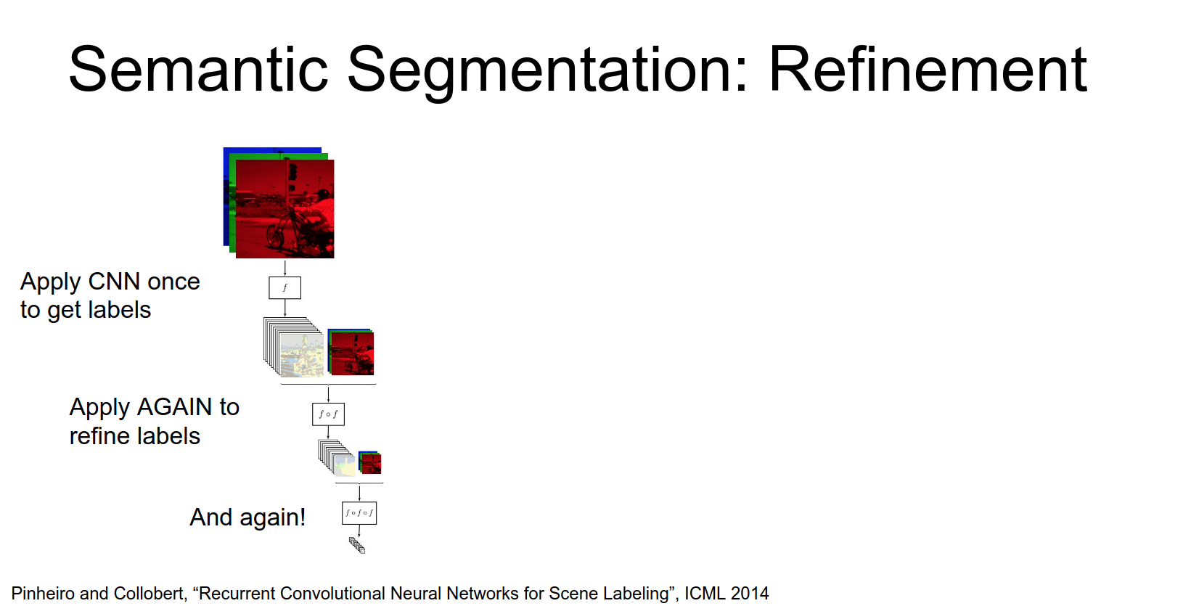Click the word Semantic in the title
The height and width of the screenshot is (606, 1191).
tap(198, 70)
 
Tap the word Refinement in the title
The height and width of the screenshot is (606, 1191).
tap(927, 70)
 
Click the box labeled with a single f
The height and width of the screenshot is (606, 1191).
tap(285, 287)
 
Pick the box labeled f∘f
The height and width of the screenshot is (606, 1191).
tap(328, 414)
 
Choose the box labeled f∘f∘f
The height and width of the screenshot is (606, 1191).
tap(359, 513)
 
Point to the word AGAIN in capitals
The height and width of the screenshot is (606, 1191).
tap(175, 407)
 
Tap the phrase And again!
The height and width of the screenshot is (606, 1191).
tap(247, 517)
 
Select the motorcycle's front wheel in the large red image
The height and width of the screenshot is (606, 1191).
tap(275, 236)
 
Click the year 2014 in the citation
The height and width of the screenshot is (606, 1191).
tap(750, 594)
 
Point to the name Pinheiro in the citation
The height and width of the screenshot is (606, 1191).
tap(43, 594)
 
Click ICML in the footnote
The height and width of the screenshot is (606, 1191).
tap(705, 594)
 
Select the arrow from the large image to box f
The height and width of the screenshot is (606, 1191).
tap(285, 267)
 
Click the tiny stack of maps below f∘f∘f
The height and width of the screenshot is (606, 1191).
tap(357, 545)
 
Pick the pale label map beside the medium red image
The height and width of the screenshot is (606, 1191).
tap(301, 356)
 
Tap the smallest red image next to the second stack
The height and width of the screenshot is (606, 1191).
tap(371, 463)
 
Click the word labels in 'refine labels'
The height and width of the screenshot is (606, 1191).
tap(171, 436)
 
